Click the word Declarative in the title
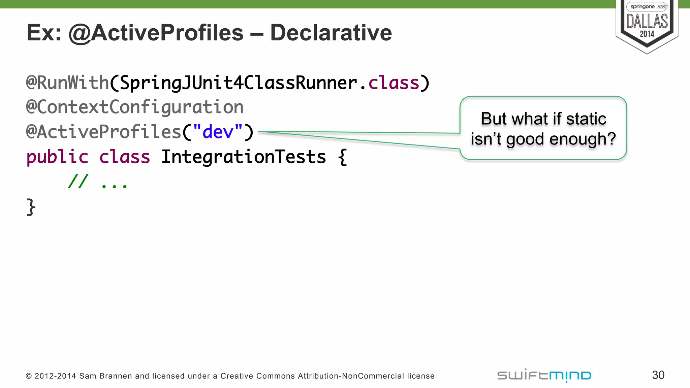pos(331,33)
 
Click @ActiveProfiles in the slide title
pos(156,33)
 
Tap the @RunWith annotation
pos(67,83)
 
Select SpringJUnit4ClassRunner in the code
pos(239,83)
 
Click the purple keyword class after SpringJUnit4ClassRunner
pos(394,83)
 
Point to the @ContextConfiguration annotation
pos(135,107)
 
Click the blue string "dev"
pos(218,132)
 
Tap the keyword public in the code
pos(57,157)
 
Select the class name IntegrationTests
pos(243,157)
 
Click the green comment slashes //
pos(78,182)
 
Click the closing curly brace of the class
pos(31,207)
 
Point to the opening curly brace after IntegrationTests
pos(342,157)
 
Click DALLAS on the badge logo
pos(647,22)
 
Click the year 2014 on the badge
pos(647,34)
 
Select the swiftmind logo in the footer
pos(544,376)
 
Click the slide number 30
pos(658,375)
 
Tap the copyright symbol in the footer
pos(29,376)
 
